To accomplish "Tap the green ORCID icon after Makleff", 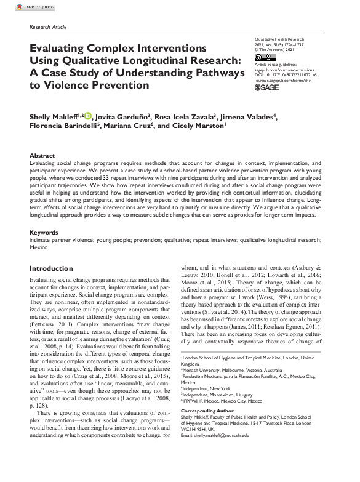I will click(x=87, y=115).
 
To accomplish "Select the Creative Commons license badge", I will click(x=264, y=57).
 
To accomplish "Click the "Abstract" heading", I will click(x=42, y=156).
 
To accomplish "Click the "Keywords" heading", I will click(x=44, y=233).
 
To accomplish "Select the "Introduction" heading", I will click(x=52, y=269).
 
